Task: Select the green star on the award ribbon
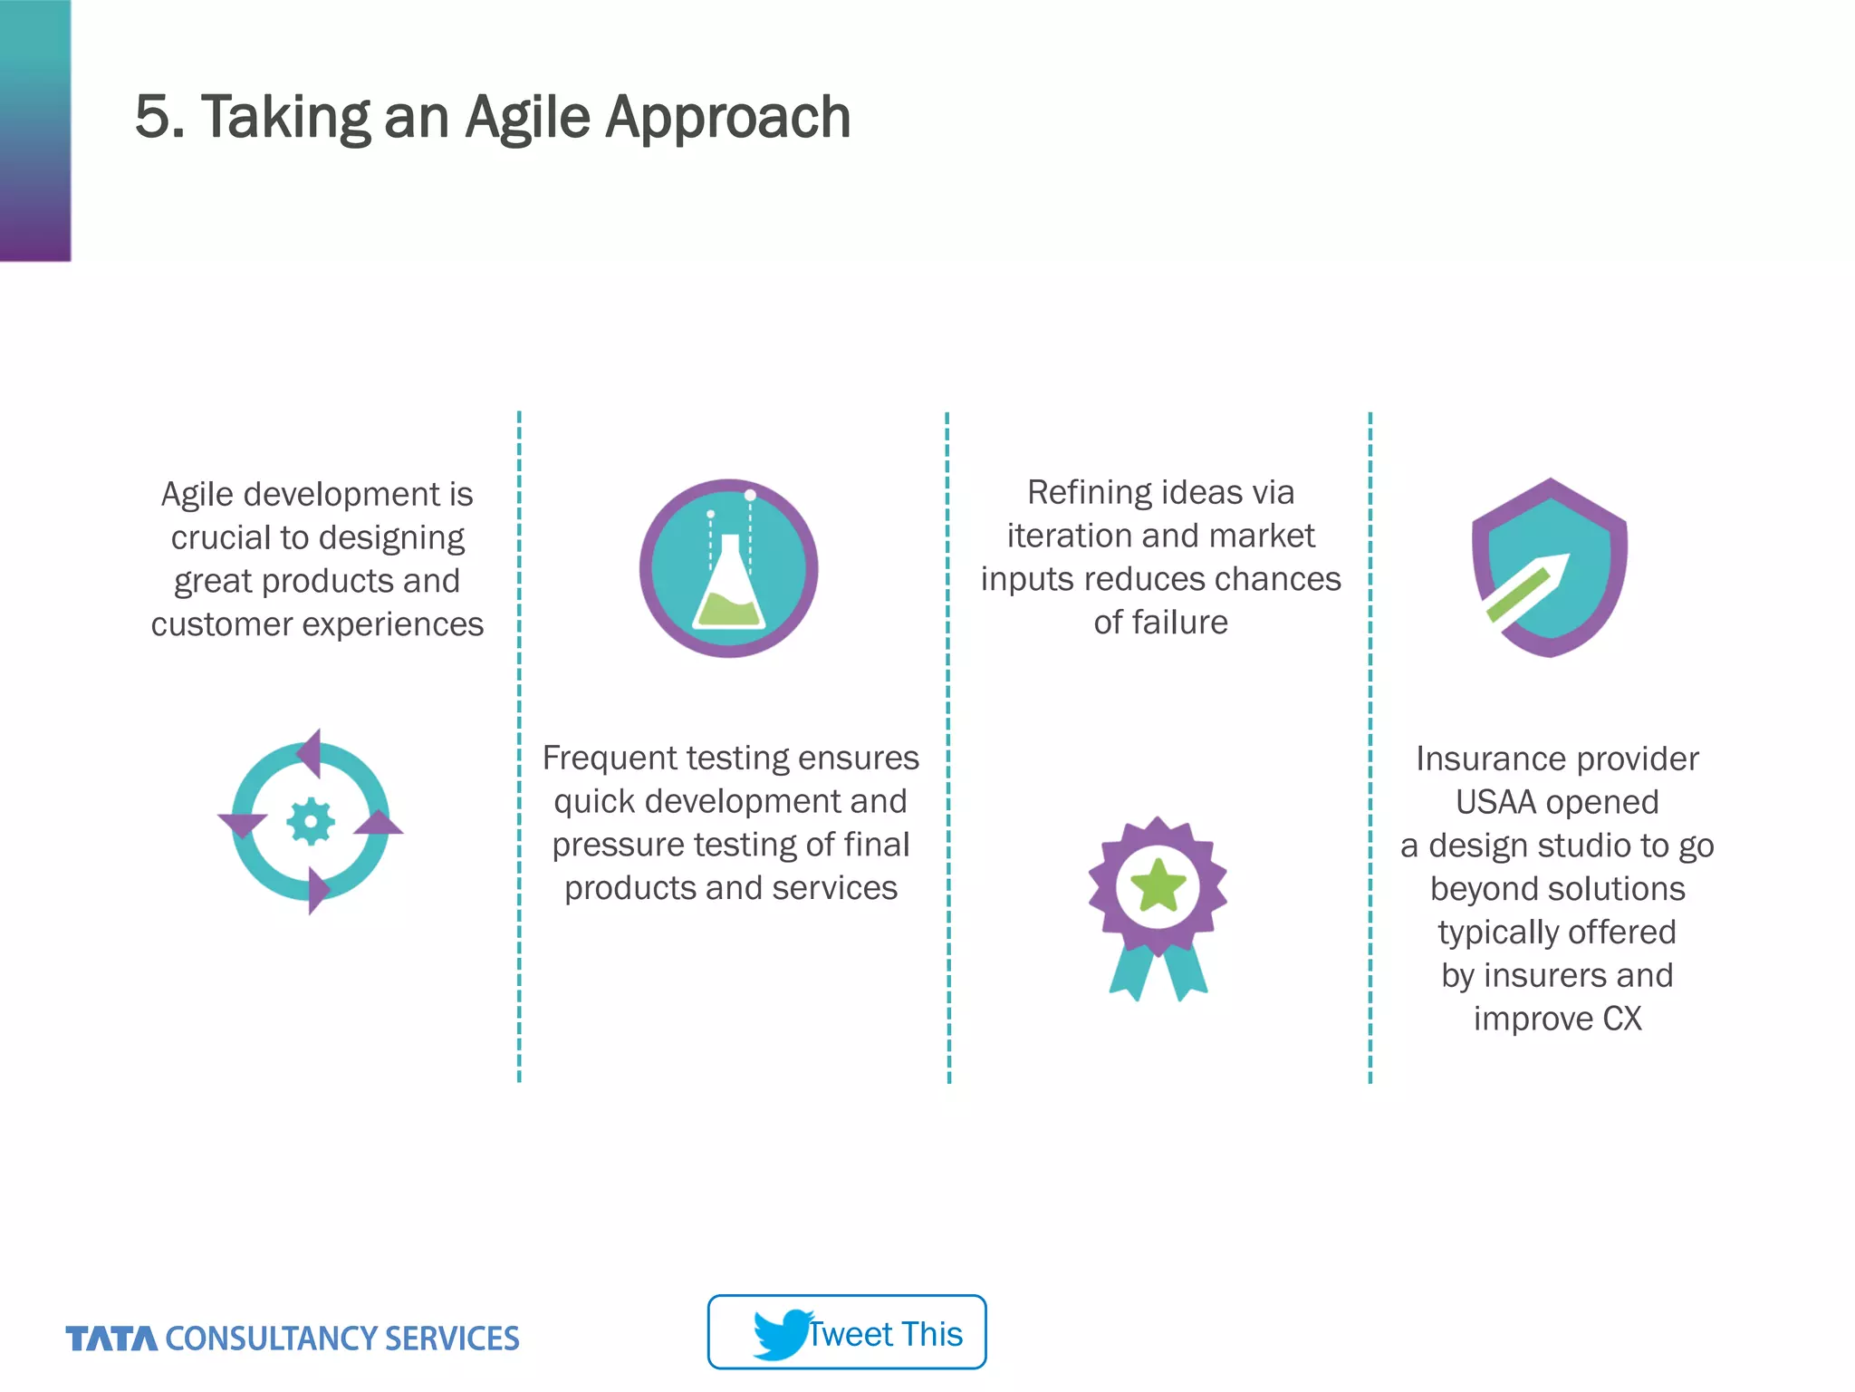tap(1158, 885)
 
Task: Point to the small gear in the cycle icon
tap(311, 821)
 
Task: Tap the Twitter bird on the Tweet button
tap(780, 1334)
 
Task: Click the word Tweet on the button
tap(850, 1334)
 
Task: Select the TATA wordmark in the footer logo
tap(111, 1339)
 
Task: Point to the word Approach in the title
tap(727, 118)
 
